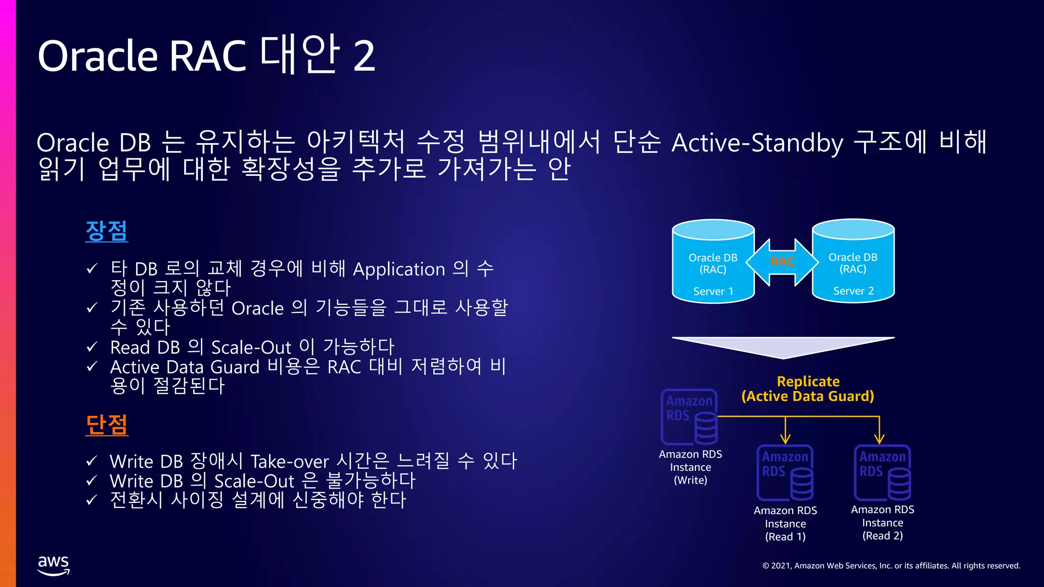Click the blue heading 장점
tap(106, 231)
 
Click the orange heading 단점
tap(107, 425)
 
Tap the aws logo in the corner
tap(54, 565)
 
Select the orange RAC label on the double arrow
tap(782, 262)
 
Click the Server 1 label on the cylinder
tap(713, 291)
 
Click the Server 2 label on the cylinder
tap(853, 291)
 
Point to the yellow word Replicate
tap(808, 382)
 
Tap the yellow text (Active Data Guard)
tap(807, 396)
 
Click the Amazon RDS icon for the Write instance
tap(690, 417)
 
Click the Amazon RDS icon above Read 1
tap(785, 473)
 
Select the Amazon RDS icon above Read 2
tap(882, 473)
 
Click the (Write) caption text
tap(690, 481)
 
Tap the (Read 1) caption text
tap(785, 537)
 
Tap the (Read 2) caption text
tap(882, 536)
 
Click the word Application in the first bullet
tap(399, 270)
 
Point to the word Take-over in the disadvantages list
tap(290, 462)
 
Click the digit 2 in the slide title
tap(364, 56)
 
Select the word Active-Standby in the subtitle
tap(757, 143)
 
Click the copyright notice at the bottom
tap(891, 566)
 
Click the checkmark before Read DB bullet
tap(92, 348)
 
